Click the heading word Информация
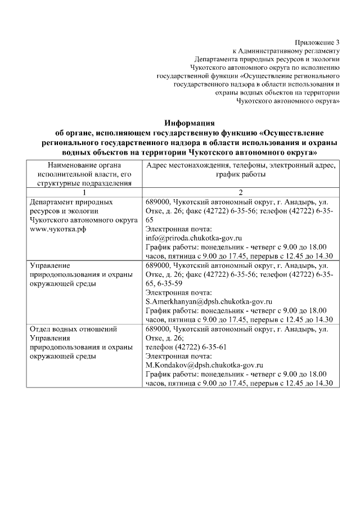pyautogui.click(x=190, y=123)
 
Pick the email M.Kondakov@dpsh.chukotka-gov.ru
pyautogui.click(x=204, y=365)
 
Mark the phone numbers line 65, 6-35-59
pyautogui.click(x=164, y=283)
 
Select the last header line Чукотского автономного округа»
pyautogui.click(x=289, y=101)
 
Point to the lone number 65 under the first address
pyautogui.click(x=150, y=220)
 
